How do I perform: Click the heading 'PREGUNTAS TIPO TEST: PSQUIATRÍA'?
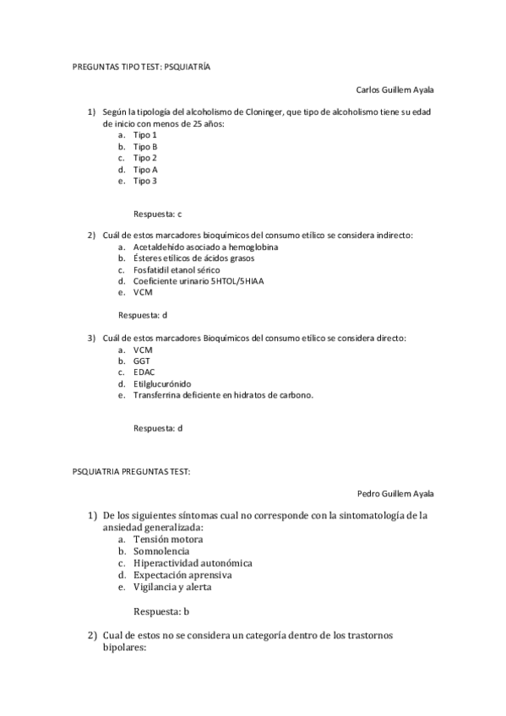click(140, 65)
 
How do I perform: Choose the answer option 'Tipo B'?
click(145, 146)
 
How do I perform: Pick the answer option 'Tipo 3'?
click(145, 180)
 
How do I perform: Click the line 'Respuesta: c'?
click(157, 214)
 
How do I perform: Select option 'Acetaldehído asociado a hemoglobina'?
click(206, 247)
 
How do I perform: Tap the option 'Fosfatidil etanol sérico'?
click(176, 269)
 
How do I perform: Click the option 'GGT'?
click(142, 360)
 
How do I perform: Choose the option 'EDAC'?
click(144, 371)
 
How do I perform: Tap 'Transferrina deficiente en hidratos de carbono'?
click(223, 393)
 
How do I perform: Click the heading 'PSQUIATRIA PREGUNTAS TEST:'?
click(131, 470)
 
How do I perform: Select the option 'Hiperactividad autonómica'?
click(193, 562)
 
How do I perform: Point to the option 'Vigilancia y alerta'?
click(172, 586)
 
